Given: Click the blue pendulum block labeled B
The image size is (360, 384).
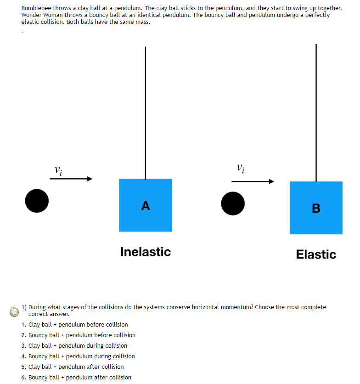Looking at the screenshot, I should tap(316, 208).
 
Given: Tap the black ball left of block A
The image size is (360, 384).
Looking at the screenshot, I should tap(37, 201).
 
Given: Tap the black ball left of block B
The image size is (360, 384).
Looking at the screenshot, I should tap(233, 203).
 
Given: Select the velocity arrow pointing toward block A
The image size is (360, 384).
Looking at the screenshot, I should tap(71, 179).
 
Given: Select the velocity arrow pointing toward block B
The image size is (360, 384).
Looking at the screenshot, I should tap(253, 181).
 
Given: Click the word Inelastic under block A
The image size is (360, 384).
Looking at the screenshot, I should tap(145, 252).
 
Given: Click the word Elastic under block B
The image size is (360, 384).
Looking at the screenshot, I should tap(316, 254).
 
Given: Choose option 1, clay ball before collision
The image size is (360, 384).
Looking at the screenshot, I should tap(78, 325).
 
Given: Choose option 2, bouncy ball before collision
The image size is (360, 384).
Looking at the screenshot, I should tap(82, 335).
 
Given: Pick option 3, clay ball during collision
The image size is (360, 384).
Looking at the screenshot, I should tap(78, 346).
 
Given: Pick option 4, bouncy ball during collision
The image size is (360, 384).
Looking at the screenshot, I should tap(81, 356).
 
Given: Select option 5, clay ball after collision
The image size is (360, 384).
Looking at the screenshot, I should tap(76, 367).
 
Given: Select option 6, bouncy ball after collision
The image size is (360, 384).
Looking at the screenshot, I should tap(79, 378).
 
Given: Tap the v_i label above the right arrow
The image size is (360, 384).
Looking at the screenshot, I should tap(241, 168).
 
